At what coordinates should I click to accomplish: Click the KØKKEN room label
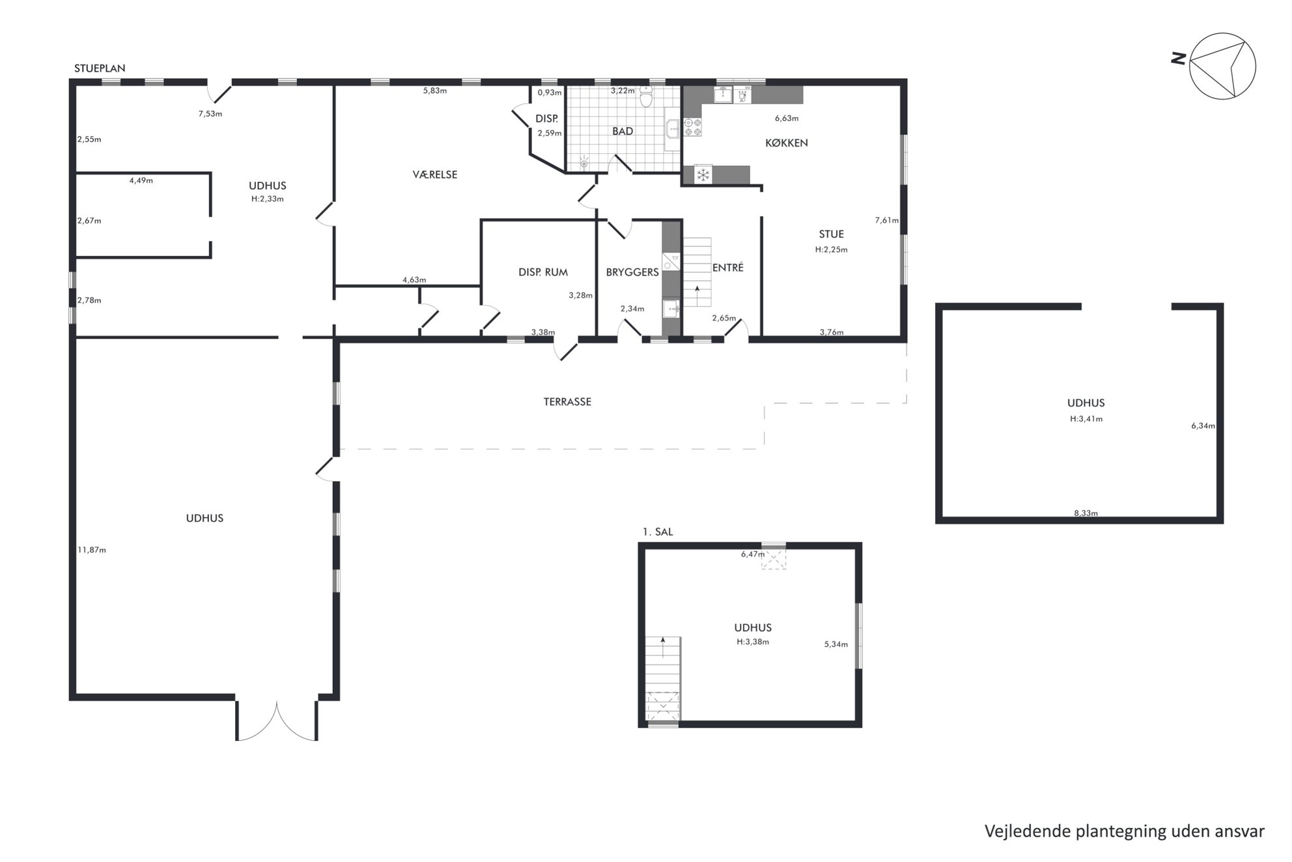(786, 143)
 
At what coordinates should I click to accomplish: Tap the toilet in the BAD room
(646, 96)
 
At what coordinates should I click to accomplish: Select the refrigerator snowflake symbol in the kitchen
(703, 175)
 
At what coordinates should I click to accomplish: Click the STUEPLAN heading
(100, 68)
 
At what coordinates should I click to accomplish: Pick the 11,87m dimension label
(92, 550)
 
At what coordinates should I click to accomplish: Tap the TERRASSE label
(567, 402)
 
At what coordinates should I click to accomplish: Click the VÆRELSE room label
(435, 175)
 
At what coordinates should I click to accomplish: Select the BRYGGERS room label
(632, 272)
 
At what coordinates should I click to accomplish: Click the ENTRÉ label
(727, 267)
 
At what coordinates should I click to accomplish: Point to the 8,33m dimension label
(1086, 513)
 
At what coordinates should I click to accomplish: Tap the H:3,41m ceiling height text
(1086, 419)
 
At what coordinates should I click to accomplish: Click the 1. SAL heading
(658, 532)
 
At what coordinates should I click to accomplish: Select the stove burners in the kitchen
(692, 127)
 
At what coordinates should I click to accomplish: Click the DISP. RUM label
(543, 272)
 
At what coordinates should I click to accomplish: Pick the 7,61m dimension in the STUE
(887, 220)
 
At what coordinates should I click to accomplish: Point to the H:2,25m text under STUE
(831, 250)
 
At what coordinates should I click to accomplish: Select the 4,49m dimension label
(141, 180)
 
